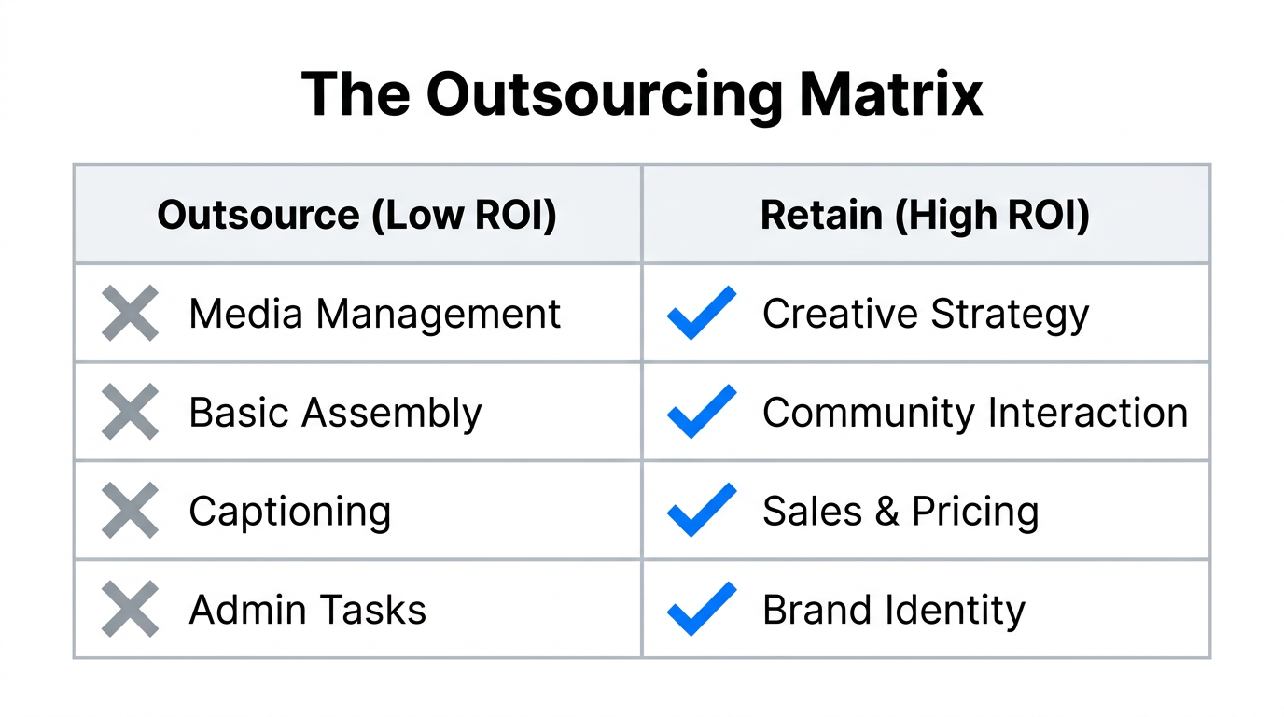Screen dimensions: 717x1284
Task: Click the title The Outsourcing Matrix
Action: pos(642,93)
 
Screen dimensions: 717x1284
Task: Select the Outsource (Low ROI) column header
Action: pos(356,215)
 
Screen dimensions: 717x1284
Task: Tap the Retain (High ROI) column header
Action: pos(925,215)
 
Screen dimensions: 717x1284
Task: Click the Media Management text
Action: pos(374,314)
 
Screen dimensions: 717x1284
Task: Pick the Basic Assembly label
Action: pos(335,413)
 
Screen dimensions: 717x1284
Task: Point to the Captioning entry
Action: pos(289,512)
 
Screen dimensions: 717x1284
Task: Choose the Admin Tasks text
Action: pos(307,611)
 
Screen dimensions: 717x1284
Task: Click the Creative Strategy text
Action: pos(925,314)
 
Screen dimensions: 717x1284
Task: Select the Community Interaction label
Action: pos(974,413)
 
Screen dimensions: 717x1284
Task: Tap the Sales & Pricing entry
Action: pos(900,512)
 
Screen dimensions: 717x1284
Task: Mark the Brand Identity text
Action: pos(893,611)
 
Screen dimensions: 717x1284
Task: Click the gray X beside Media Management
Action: pos(130,314)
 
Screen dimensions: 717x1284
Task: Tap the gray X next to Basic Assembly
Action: pos(130,413)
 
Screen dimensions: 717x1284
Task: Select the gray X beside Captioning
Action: pos(130,512)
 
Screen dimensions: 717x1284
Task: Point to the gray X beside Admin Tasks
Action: pos(130,611)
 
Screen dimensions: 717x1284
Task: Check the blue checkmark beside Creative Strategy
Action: pos(702,313)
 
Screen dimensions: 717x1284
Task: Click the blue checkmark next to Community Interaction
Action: pos(702,412)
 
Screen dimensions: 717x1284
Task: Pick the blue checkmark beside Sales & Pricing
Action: pos(702,511)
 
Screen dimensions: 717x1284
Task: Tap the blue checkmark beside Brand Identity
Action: pos(702,610)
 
